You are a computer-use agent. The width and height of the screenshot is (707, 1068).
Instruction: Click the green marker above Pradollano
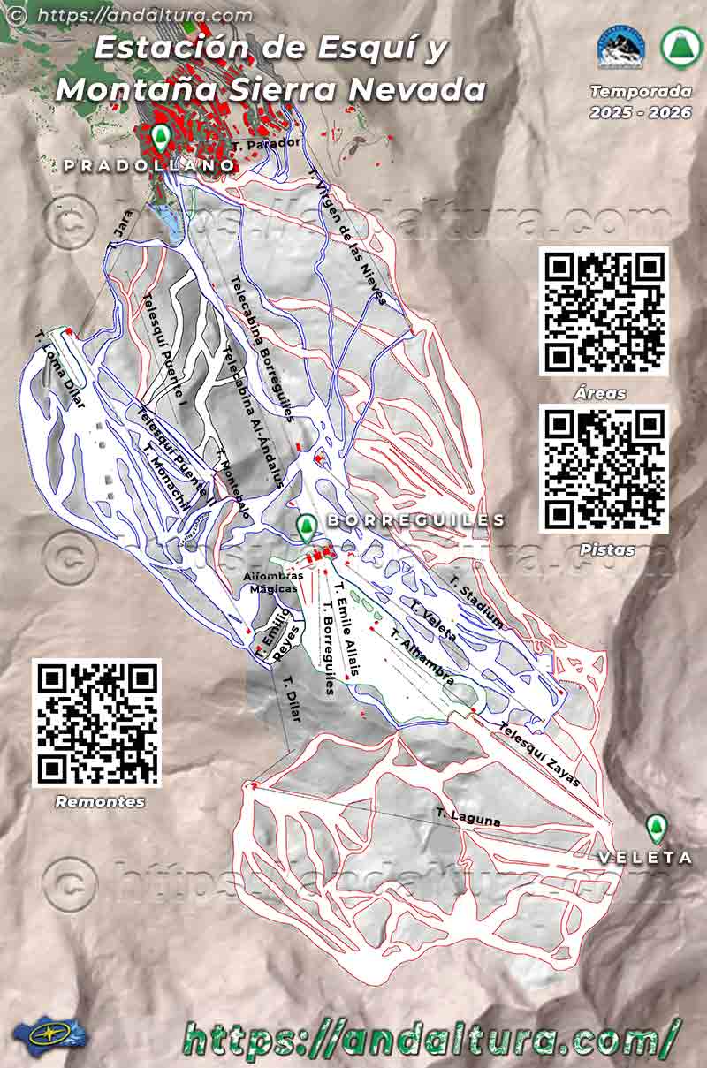pyautogui.click(x=160, y=138)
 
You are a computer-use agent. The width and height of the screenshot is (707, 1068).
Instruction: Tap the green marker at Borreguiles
pyautogui.click(x=306, y=528)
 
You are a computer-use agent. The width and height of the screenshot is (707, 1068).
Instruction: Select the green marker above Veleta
pyautogui.click(x=655, y=829)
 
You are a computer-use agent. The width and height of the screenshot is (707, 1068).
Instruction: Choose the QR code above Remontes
pyautogui.click(x=97, y=723)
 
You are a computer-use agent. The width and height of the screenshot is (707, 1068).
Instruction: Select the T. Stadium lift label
pyautogui.click(x=476, y=602)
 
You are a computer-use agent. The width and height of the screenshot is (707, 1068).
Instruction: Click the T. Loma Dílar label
pyautogui.click(x=61, y=372)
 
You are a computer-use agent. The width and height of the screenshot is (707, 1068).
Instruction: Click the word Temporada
pyautogui.click(x=629, y=91)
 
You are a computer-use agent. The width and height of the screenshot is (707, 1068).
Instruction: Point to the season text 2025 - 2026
pyautogui.click(x=629, y=111)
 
